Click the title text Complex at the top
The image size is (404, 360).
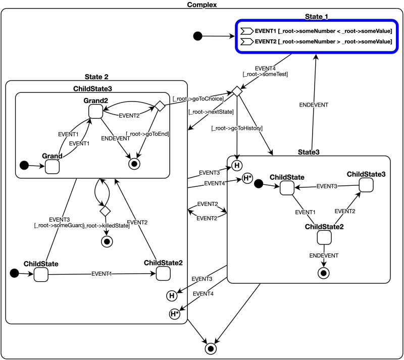pos(201,5)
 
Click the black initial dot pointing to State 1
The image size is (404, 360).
pos(198,36)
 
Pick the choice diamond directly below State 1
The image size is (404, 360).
pos(235,91)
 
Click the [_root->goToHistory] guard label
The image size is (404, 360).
pos(237,128)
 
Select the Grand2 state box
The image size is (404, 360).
pos(95,111)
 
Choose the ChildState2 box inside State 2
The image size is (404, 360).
pos(163,274)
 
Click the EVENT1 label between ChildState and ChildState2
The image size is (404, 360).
pos(103,274)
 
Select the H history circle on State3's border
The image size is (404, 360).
pos(236,164)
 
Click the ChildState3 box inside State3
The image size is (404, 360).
pos(366,186)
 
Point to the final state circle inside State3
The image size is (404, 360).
pos(323,273)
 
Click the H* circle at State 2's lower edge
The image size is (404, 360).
pos(175,314)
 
